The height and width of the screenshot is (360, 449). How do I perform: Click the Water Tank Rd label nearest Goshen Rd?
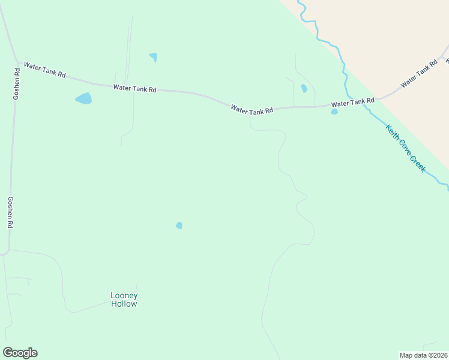44,70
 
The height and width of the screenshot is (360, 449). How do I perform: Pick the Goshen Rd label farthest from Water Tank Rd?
10,212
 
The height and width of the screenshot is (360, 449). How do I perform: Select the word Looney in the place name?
124,295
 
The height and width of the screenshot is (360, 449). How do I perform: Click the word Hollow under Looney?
124,304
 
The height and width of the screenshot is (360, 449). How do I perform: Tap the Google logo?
20,353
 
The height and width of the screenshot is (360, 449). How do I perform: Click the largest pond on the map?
83,98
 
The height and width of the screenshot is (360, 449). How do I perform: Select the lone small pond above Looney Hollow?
179,226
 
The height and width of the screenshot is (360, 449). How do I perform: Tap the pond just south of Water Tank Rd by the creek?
334,112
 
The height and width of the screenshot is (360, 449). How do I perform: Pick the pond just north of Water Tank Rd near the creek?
304,89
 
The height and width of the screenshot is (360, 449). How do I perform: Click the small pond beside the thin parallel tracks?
154,58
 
